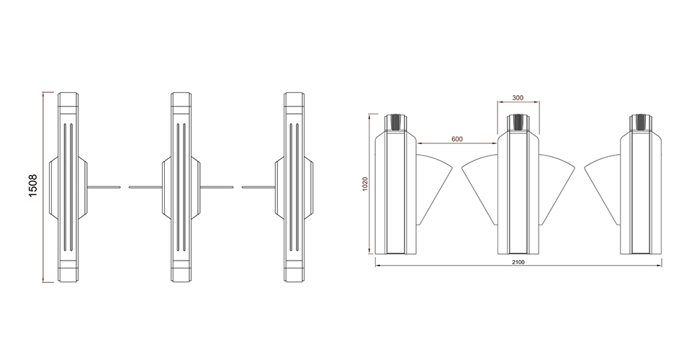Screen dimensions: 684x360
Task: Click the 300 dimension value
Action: tap(518, 98)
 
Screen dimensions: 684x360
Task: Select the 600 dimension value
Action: tap(456, 139)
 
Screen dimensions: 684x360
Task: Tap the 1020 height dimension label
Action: tap(366, 184)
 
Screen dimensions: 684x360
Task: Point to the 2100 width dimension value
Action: tap(518, 262)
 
